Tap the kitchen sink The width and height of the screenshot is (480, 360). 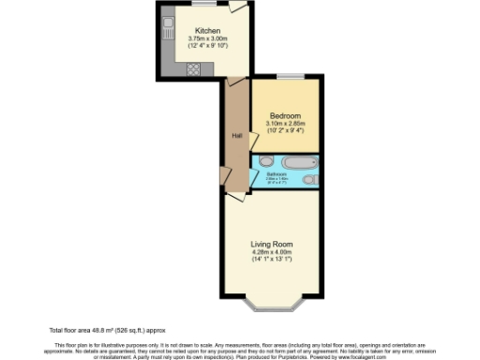click(x=167, y=28)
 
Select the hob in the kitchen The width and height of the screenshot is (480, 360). click(x=193, y=67)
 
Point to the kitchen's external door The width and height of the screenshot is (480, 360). click(x=239, y=7)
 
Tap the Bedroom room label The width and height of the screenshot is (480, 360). click(x=286, y=116)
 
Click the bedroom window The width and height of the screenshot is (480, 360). click(x=292, y=76)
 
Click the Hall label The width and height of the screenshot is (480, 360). click(x=237, y=134)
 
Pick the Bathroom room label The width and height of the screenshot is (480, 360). click(x=276, y=174)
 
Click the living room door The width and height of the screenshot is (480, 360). click(x=234, y=195)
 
